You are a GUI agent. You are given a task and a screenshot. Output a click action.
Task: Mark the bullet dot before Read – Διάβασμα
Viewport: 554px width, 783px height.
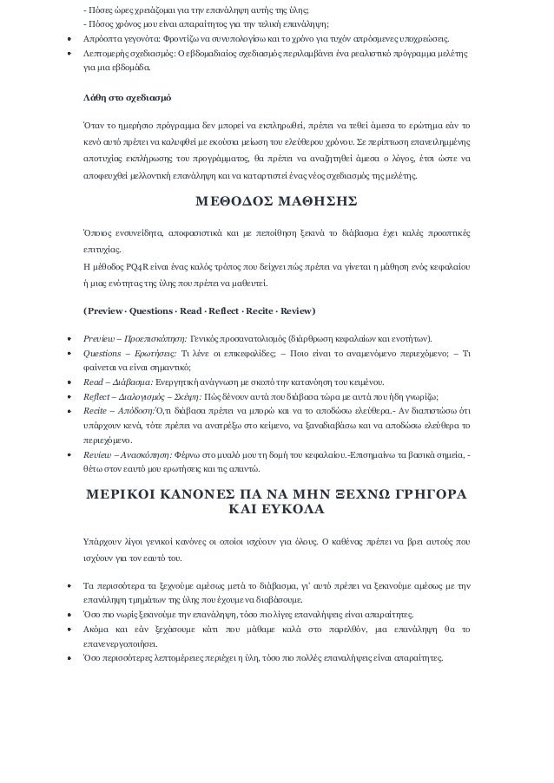(x=69, y=382)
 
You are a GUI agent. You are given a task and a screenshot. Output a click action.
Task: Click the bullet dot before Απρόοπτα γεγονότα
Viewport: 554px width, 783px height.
(x=69, y=41)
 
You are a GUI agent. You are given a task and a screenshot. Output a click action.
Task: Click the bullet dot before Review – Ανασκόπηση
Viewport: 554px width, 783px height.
(x=69, y=453)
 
